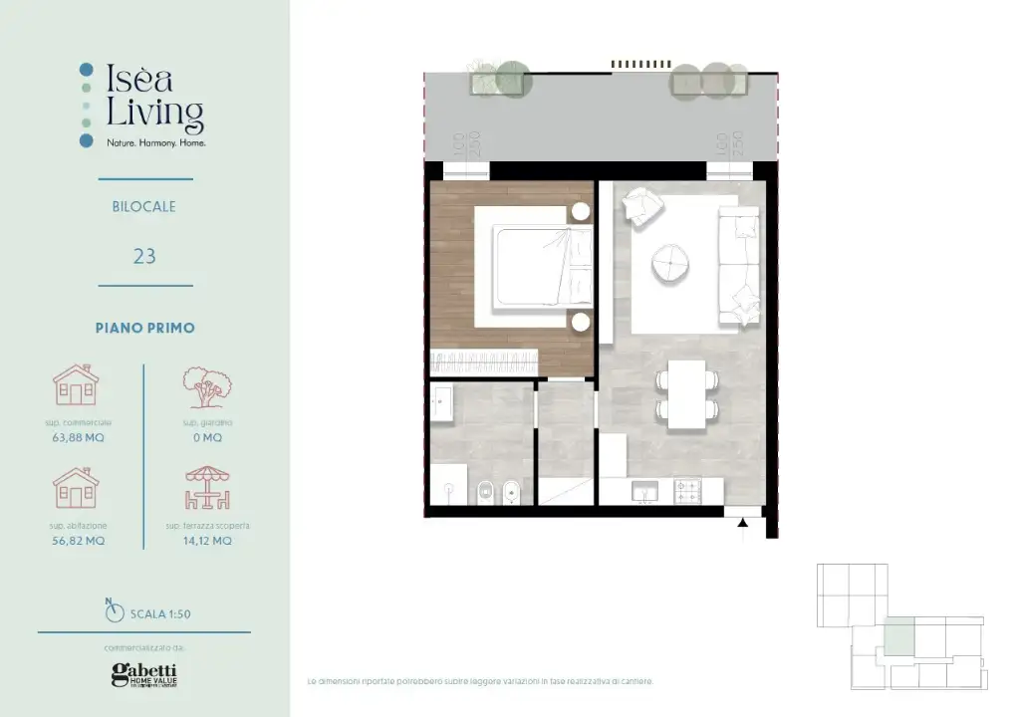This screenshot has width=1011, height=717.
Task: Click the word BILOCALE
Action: tap(144, 207)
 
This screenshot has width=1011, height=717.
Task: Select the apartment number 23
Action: tap(144, 256)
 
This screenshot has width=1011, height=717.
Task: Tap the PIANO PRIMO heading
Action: tap(144, 328)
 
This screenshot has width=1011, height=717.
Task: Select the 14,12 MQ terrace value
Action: tap(208, 541)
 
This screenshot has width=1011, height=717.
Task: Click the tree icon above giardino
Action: tap(207, 388)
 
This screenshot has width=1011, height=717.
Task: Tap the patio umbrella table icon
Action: tap(208, 489)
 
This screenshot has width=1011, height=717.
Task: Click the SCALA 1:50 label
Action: tap(159, 613)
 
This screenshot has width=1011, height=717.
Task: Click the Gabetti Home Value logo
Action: tap(144, 674)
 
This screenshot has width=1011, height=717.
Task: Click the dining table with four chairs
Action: tap(686, 394)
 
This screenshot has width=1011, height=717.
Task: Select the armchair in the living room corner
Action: tap(641, 207)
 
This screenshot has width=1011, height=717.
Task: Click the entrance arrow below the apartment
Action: tap(742, 533)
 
